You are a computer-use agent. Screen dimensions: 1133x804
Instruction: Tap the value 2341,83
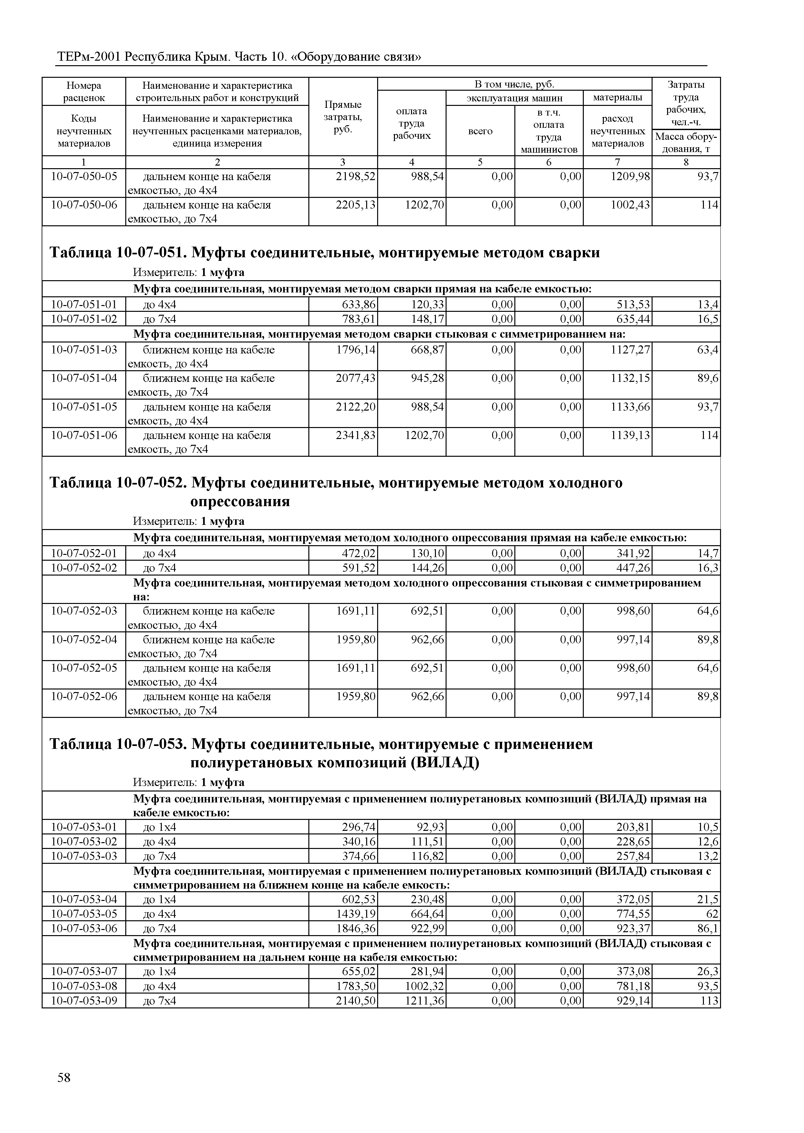coord(356,435)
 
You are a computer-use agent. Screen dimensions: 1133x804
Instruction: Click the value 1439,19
coord(356,914)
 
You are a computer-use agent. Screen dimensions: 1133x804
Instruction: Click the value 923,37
coord(633,928)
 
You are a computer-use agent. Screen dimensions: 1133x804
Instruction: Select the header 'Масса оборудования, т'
coord(686,143)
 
